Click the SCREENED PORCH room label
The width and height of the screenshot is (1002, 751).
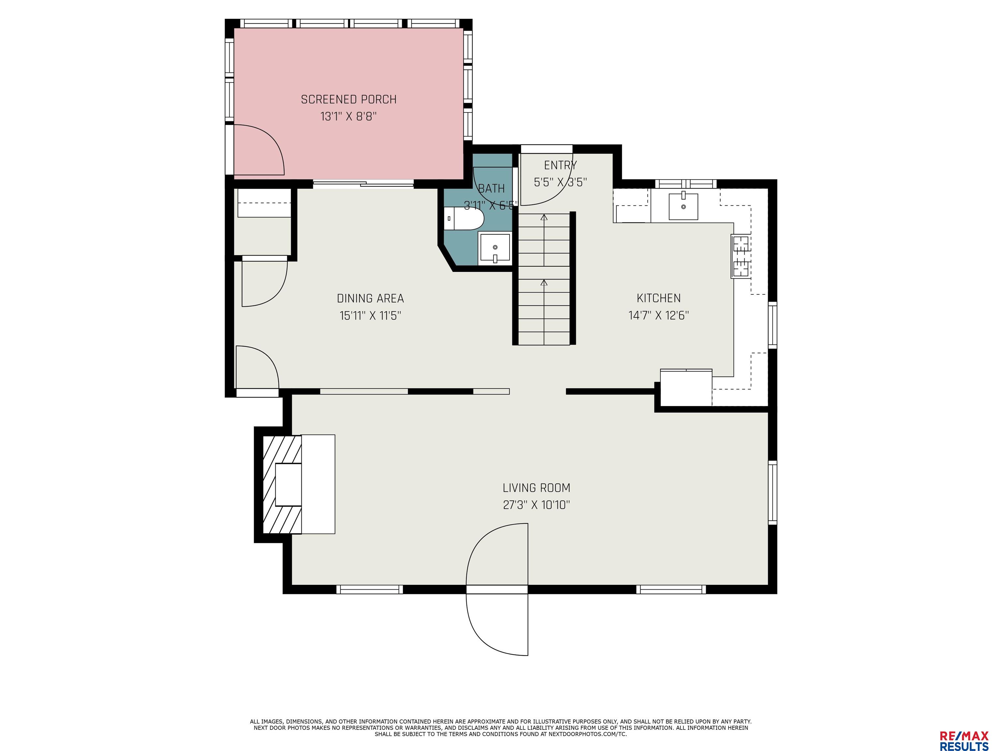click(x=348, y=99)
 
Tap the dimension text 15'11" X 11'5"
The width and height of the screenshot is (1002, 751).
click(x=371, y=316)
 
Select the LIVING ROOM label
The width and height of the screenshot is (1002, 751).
click(x=536, y=488)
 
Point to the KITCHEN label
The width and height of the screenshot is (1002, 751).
click(x=659, y=298)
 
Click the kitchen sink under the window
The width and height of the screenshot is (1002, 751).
click(x=683, y=206)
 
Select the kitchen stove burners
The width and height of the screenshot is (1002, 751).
click(x=741, y=256)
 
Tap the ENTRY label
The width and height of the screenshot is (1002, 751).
click(x=560, y=165)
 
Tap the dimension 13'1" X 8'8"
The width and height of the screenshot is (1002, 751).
click(x=349, y=117)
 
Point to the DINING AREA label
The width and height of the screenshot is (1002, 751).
click(x=371, y=298)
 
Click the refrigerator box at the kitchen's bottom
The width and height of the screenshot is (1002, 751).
click(x=686, y=388)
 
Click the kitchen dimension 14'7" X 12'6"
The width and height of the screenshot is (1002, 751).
click(x=659, y=316)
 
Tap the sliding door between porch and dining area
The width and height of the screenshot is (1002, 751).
click(x=363, y=184)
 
